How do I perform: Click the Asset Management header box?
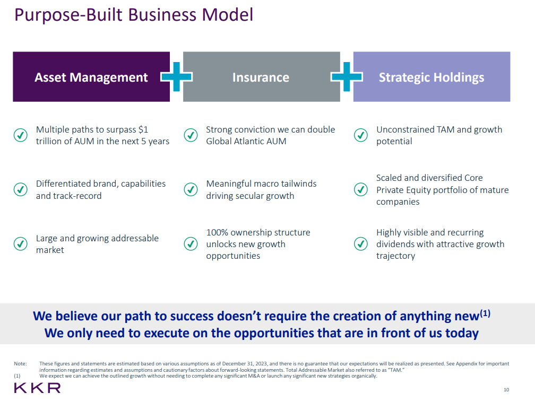[91, 77]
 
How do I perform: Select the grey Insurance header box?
[261, 77]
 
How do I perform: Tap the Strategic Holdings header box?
[432, 77]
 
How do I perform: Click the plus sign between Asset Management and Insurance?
[176, 77]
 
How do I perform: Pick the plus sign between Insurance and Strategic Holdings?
[347, 77]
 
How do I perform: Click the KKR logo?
[37, 388]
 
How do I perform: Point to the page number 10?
[506, 390]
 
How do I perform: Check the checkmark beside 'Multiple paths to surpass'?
[20, 135]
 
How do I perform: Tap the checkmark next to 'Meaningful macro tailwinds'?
[191, 189]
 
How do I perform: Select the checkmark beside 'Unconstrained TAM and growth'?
[361, 135]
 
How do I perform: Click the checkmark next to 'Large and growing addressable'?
[20, 244]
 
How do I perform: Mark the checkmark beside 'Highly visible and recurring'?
[361, 244]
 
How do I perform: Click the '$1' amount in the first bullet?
[143, 129]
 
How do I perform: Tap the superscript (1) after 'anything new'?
[485, 313]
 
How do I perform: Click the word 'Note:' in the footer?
[20, 364]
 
